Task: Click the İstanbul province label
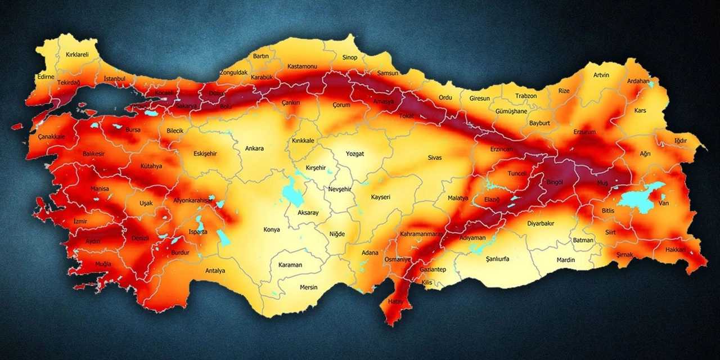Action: click(x=115, y=79)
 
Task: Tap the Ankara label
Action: click(x=254, y=148)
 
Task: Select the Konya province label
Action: click(x=272, y=229)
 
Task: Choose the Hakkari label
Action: click(x=676, y=249)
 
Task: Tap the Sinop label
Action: click(x=350, y=57)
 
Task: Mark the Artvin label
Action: click(x=601, y=75)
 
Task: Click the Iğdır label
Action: click(x=681, y=140)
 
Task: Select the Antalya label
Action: click(x=215, y=271)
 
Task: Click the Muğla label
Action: click(x=103, y=264)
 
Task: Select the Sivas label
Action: click(x=435, y=157)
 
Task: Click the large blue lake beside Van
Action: click(x=640, y=198)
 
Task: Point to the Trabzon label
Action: click(x=526, y=96)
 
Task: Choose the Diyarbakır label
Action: click(x=541, y=223)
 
